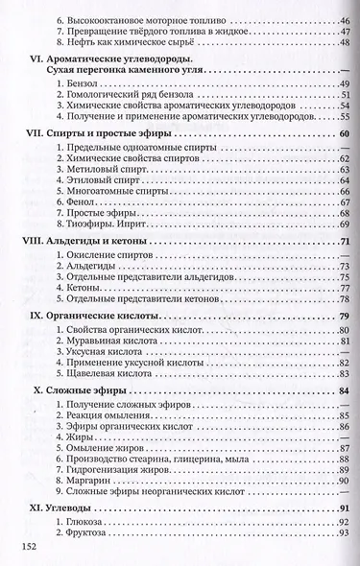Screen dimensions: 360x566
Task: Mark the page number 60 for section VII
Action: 343,131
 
